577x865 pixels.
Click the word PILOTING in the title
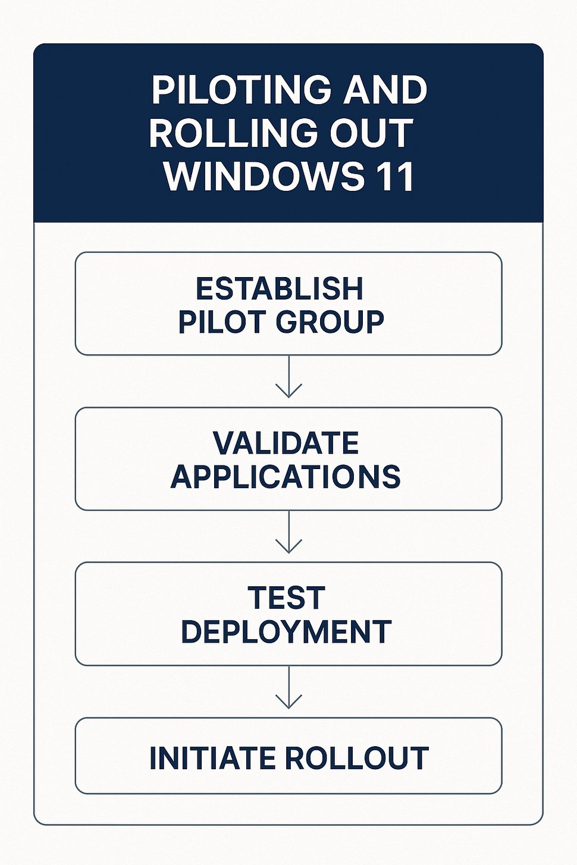[242, 90]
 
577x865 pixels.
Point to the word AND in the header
[385, 90]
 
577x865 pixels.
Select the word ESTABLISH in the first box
[280, 288]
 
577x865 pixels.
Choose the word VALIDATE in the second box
[286, 443]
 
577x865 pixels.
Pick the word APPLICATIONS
[286, 477]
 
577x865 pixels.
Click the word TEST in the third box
[286, 598]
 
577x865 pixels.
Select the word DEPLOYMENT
[286, 631]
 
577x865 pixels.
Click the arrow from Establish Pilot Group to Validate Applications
[288, 376]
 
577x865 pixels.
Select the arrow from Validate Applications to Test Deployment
[288, 531]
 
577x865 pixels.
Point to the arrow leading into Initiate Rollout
[288, 687]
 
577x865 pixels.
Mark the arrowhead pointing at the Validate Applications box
[288, 391]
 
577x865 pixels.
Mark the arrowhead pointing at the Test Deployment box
[288, 546]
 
